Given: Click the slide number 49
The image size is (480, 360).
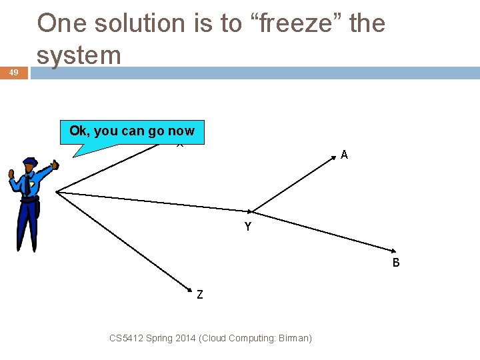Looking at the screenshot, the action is [x=14, y=73].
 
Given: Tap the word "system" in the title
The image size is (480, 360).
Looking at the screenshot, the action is [x=79, y=55].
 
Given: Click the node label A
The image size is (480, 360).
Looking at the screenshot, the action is [x=344, y=155].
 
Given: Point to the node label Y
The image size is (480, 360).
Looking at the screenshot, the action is [x=248, y=227].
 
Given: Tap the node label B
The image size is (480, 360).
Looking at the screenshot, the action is [x=396, y=263].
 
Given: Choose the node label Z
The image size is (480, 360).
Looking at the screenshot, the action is [x=200, y=293].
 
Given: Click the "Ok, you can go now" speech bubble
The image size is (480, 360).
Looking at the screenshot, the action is [x=132, y=131].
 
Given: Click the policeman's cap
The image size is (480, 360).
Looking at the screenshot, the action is [x=30, y=162].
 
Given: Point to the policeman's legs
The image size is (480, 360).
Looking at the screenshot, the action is [x=27, y=227].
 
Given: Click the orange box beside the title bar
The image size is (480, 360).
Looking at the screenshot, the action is [x=14, y=73].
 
